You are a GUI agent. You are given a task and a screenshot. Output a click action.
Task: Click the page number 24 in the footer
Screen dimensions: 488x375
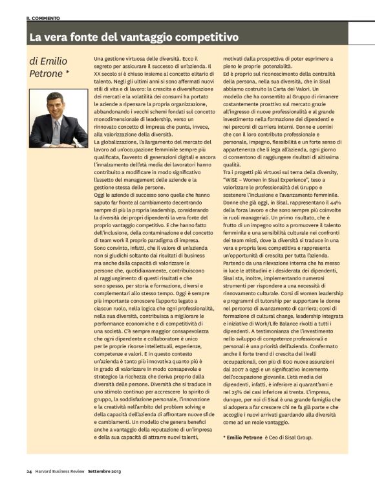(x=29, y=471)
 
